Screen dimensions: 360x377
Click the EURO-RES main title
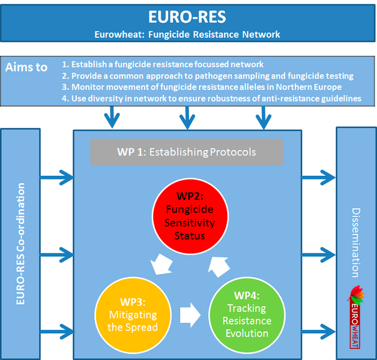(x=188, y=16)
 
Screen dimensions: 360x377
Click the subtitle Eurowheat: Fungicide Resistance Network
(x=188, y=34)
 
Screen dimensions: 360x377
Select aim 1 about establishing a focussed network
(x=163, y=64)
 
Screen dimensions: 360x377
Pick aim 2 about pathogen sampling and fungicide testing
(x=208, y=76)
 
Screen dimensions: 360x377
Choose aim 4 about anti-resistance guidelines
(x=212, y=98)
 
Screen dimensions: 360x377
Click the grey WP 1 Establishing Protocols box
(x=187, y=152)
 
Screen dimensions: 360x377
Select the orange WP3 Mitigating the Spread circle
(x=127, y=313)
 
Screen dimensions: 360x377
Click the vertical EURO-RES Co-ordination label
(x=20, y=246)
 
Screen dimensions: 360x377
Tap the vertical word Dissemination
(x=355, y=242)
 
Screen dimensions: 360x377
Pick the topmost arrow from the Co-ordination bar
(x=58, y=177)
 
